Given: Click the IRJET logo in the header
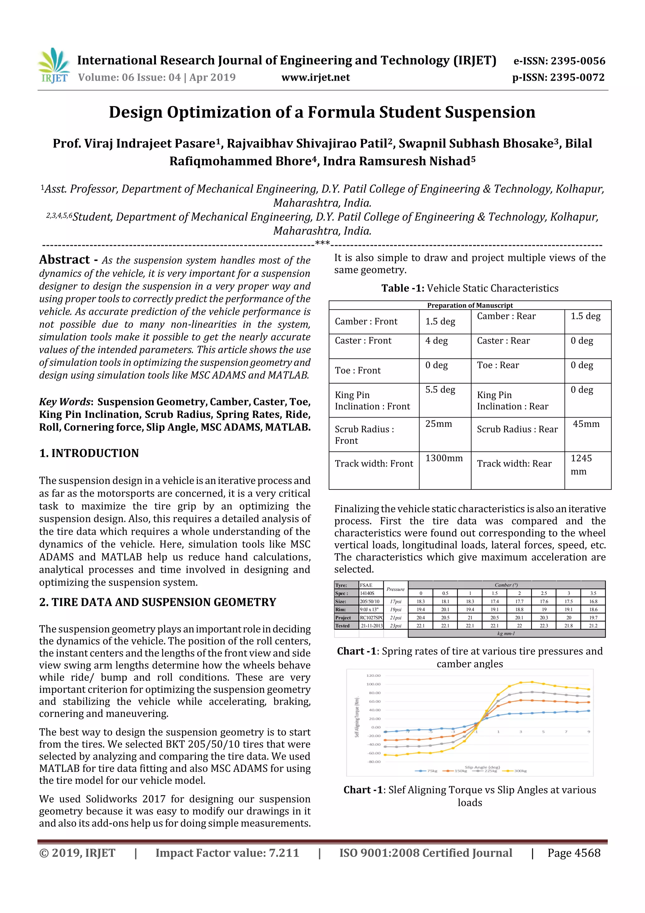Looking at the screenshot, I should [x=54, y=66].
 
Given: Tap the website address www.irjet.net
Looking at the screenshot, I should [x=316, y=77].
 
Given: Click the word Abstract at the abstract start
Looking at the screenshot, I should [x=64, y=260].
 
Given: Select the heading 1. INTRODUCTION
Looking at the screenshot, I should [x=89, y=453].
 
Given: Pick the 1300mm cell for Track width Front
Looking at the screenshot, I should [x=444, y=458].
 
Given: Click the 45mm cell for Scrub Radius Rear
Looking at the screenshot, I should [x=586, y=424].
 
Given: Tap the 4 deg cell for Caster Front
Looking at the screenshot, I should [x=437, y=341].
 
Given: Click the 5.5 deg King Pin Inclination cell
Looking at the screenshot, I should [x=440, y=390].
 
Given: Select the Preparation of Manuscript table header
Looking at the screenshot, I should [x=470, y=305].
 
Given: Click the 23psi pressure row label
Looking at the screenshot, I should [x=396, y=626].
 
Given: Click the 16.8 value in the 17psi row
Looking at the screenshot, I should [x=593, y=601].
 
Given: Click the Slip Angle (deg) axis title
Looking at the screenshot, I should [x=482, y=767].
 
